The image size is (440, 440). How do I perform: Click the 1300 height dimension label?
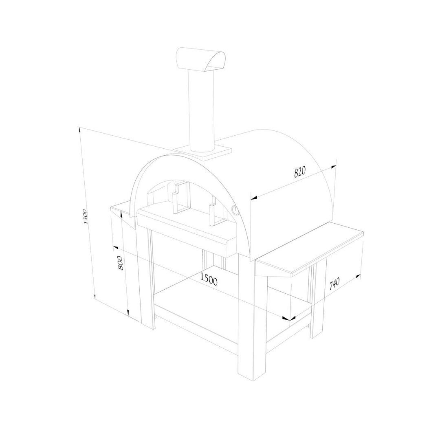[x=86, y=217]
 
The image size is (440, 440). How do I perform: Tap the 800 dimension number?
[x=120, y=263]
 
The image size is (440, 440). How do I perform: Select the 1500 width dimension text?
[x=209, y=279]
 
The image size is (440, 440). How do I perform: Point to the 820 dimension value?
[x=299, y=172]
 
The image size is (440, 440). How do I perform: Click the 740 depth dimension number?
[x=334, y=284]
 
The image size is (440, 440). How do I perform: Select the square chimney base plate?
[x=202, y=152]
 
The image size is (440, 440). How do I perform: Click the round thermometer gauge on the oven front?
[x=235, y=209]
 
